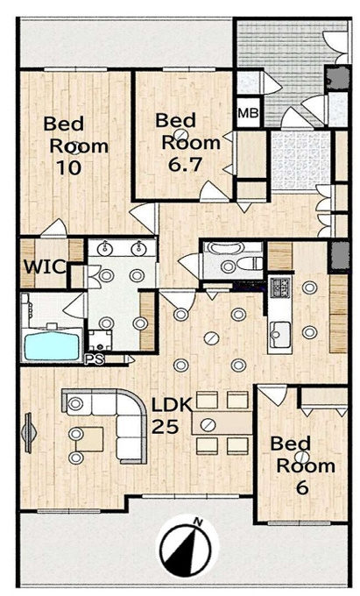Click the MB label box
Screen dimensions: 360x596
point(249,112)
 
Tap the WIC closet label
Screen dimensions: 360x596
point(45,266)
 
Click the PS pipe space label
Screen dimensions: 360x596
point(94,359)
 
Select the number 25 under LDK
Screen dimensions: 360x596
point(166,427)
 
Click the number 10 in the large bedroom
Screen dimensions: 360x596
point(68,167)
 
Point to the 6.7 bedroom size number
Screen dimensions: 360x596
point(185,164)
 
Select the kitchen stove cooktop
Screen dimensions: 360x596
point(279,287)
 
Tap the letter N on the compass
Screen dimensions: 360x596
point(197,522)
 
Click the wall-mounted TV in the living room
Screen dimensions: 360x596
point(29,433)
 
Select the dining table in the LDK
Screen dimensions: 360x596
point(222,422)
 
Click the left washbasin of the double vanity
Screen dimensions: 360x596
point(105,249)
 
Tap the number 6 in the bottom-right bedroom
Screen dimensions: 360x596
point(302,487)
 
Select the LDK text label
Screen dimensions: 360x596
point(173,405)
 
